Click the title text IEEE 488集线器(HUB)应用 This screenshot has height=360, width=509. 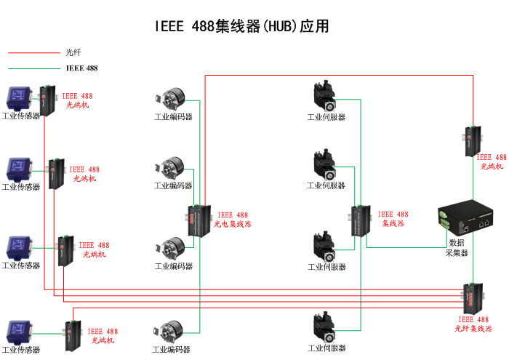(242, 27)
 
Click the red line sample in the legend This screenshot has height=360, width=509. (33, 52)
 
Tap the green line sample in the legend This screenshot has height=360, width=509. (33, 68)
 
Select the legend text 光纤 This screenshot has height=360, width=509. (73, 52)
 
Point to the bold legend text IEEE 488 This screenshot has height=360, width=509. (81, 68)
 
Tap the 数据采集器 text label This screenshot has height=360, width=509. (457, 247)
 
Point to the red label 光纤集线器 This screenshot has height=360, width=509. (473, 324)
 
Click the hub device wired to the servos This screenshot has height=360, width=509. (361, 221)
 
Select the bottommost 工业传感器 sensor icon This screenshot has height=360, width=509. (18, 332)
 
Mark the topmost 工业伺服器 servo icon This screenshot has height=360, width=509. (325, 97)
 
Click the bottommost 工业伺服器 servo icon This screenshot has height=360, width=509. (325, 329)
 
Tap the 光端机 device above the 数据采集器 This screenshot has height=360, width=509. (473, 140)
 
